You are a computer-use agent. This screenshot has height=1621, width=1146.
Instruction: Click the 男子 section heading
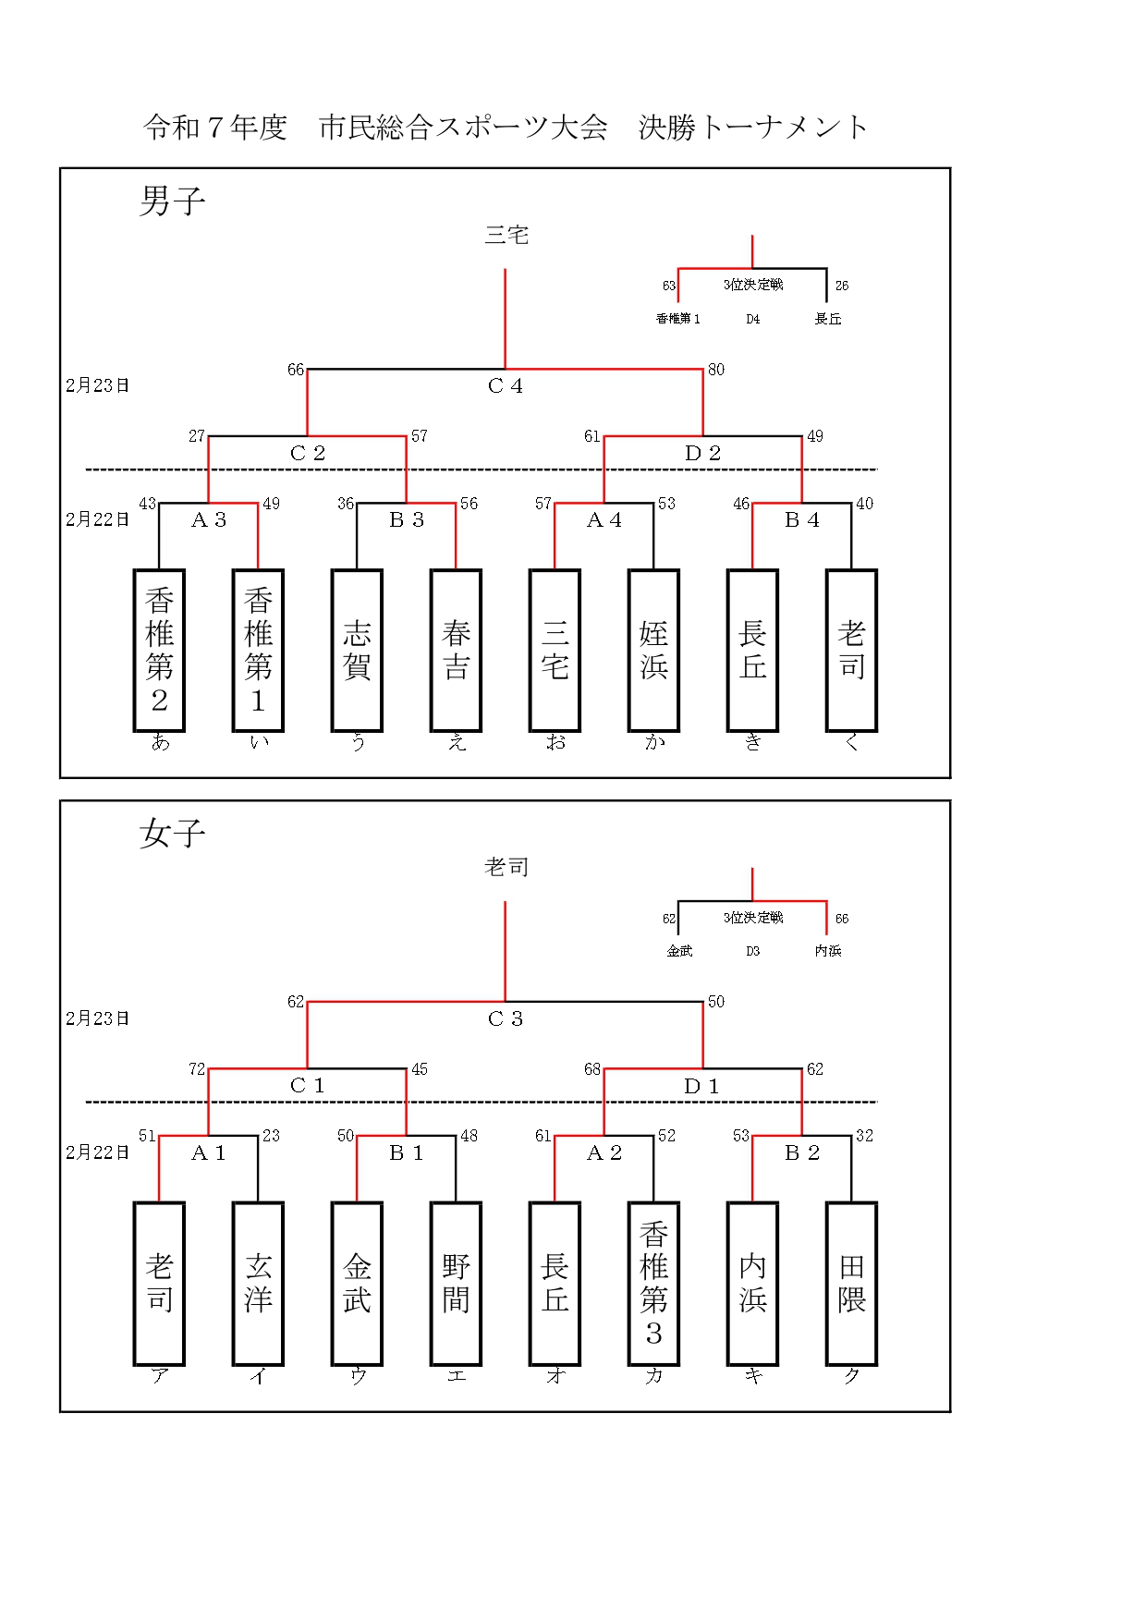pos(172,201)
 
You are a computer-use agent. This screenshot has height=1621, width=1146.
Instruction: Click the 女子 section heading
pos(172,833)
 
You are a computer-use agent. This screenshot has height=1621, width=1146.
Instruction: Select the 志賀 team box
pos(357,650)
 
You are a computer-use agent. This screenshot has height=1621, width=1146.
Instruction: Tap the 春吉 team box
pos(456,650)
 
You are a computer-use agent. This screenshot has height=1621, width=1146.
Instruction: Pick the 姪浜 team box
pos(653,650)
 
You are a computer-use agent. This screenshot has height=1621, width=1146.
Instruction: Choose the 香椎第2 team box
pos(159,650)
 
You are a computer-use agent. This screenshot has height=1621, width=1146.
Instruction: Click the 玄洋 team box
pos(258,1283)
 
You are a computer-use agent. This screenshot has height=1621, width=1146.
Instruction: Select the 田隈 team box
pos(851,1283)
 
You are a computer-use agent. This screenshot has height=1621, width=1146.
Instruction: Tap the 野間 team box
pos(456,1283)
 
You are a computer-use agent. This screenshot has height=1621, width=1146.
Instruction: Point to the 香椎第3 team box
pos(653,1283)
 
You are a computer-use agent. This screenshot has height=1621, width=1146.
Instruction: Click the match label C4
pos(505,386)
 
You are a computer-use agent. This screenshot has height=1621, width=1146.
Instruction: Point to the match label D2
pos(702,453)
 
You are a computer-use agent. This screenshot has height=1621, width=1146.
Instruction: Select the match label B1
pos(406,1152)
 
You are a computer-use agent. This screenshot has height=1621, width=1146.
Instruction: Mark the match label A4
pos(603,520)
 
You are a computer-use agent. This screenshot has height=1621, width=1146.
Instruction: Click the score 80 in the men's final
pos(716,370)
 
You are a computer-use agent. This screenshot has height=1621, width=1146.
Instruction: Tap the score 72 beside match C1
pos(197,1069)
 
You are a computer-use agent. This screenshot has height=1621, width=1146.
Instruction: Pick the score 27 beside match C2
pos(197,436)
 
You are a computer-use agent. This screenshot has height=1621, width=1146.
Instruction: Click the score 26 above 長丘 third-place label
pos(842,286)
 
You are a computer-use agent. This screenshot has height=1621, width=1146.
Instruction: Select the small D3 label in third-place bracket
pos(752,951)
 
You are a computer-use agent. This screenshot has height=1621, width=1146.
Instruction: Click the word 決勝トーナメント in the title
pos(753,128)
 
